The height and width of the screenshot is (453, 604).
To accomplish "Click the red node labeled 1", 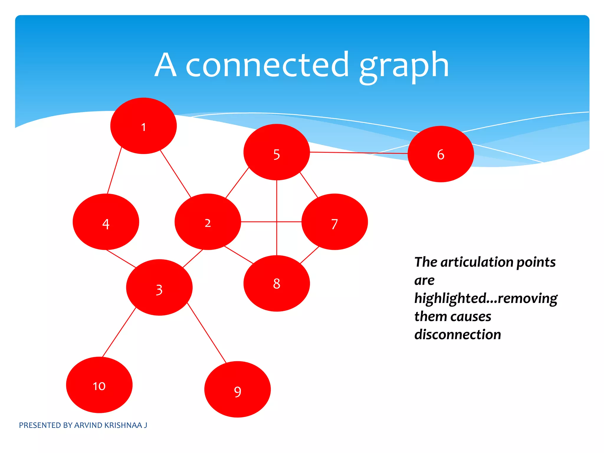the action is [x=143, y=126].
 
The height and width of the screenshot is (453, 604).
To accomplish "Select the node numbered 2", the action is [x=208, y=222].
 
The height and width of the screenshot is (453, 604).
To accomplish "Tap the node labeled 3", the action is [x=159, y=288].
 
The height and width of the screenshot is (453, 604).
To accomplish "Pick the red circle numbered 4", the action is [x=106, y=222].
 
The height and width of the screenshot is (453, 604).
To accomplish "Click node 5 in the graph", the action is [x=277, y=152].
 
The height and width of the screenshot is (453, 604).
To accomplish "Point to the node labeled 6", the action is [x=441, y=154].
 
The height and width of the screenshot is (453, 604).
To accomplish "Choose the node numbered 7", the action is [x=334, y=222].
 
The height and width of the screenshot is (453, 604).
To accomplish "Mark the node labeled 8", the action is [x=277, y=283].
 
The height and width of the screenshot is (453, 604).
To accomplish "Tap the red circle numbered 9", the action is [x=237, y=389].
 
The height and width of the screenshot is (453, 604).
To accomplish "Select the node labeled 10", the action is [x=99, y=385].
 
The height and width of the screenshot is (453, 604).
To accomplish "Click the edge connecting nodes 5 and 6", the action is [x=359, y=153].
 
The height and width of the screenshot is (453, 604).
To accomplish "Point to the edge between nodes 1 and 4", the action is [x=114, y=170].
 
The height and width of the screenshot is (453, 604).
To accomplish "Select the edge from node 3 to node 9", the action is [x=207, y=333].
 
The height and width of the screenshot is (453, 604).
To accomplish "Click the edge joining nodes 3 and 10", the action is [x=119, y=332].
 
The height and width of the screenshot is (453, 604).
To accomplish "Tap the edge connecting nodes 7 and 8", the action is [x=310, y=255].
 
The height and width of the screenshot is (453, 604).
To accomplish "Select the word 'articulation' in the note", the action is [x=476, y=262].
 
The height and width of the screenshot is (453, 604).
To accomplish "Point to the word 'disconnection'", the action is [x=457, y=335].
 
